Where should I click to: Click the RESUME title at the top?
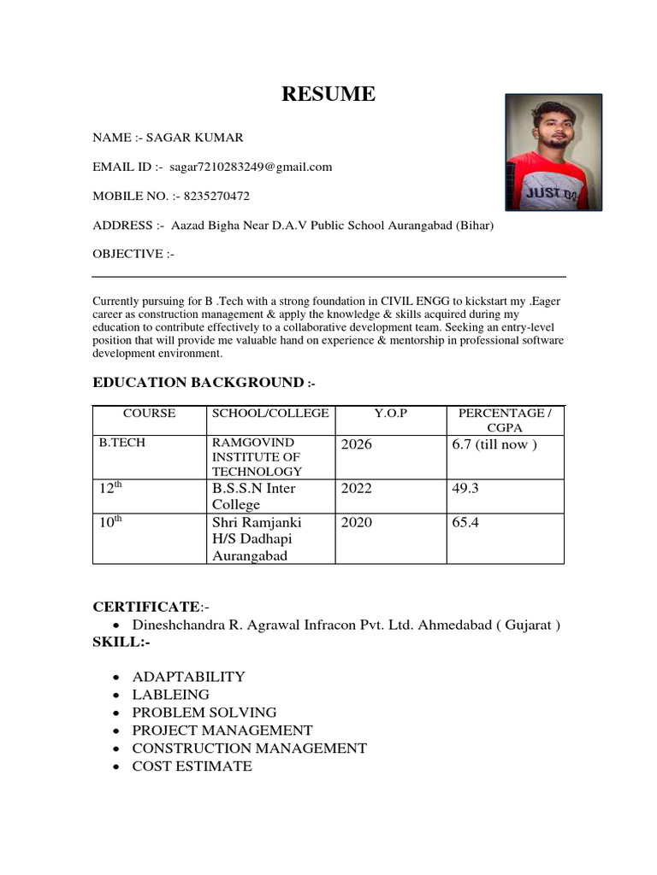coord(328,94)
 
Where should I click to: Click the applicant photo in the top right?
coord(553,152)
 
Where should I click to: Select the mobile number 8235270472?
coord(210,196)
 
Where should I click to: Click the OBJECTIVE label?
coord(133,254)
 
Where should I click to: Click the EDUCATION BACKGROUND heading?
coord(198,382)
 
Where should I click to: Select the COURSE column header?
coord(150,414)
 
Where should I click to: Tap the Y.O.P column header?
coord(390,414)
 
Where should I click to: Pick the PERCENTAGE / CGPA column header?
coord(505,420)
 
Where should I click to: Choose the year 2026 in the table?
coord(357,444)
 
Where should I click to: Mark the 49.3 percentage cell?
coord(465,489)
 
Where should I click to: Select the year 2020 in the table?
coord(357,522)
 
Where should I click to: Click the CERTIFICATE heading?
coord(145,607)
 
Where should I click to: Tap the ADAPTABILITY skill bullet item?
coord(188,677)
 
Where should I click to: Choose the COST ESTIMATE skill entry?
coord(192,766)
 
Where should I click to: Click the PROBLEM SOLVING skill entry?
coord(204,713)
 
